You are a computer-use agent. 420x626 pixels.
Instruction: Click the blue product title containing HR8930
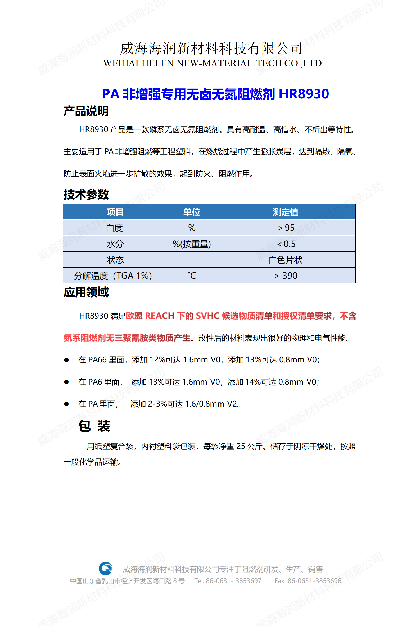tap(215, 94)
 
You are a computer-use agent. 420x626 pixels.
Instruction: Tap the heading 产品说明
tap(86, 111)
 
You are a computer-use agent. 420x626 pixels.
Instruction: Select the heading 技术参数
tap(86, 194)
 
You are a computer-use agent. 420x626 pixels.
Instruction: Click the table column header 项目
tap(115, 212)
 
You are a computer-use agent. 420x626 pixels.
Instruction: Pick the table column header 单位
tap(192, 212)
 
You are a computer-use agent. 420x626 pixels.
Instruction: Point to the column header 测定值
tap(286, 212)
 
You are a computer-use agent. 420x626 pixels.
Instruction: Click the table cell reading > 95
tap(286, 228)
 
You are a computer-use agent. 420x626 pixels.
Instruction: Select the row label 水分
tap(115, 244)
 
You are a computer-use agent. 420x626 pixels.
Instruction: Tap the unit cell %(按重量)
tap(192, 244)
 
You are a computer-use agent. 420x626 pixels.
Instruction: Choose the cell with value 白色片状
tap(286, 260)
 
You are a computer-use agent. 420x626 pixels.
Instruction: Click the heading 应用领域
tap(86, 292)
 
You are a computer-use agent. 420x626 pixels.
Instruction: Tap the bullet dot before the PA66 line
tap(66, 360)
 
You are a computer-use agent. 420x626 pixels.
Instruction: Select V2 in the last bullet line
tap(232, 404)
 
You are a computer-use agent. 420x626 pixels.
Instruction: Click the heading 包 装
tap(94, 426)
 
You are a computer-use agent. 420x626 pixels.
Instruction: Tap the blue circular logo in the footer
tap(106, 568)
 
